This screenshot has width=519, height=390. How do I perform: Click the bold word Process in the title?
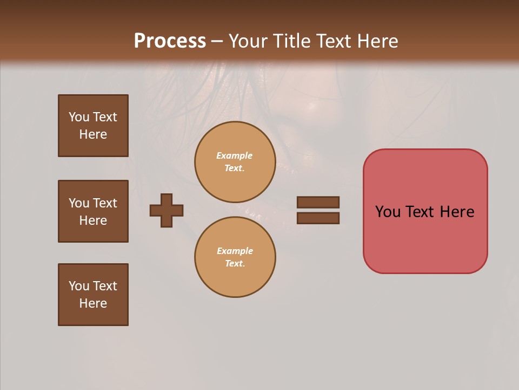(x=170, y=41)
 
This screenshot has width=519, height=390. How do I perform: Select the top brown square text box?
(x=93, y=126)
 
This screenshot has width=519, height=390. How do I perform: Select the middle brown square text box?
(x=93, y=211)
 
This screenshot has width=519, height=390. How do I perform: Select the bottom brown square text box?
(x=93, y=295)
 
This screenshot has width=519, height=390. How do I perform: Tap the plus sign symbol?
(x=167, y=210)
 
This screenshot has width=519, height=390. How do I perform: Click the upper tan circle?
(x=235, y=162)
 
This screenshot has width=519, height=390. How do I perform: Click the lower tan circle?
(x=235, y=257)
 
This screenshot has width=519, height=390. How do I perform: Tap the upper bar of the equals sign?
(x=318, y=202)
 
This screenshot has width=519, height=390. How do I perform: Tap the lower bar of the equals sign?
(x=318, y=218)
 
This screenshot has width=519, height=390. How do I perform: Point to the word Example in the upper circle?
(x=235, y=155)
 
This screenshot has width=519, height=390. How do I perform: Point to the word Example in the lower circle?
(x=235, y=251)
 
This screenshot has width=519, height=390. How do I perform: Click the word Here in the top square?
(x=93, y=134)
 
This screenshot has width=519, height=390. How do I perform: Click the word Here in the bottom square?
(x=93, y=303)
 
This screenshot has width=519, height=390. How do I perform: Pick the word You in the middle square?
(x=78, y=203)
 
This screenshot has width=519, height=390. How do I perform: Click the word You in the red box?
(x=388, y=212)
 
